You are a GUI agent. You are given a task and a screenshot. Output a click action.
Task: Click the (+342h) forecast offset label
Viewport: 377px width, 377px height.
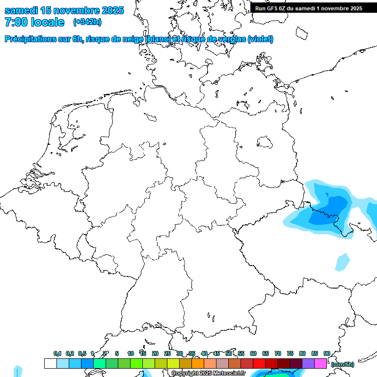(x=87, y=22)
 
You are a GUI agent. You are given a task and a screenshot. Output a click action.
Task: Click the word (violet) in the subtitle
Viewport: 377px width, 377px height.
(x=261, y=39)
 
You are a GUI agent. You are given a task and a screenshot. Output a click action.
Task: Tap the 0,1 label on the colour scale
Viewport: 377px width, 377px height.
(x=57, y=353)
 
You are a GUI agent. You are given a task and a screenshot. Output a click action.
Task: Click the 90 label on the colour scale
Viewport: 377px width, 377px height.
(x=326, y=353)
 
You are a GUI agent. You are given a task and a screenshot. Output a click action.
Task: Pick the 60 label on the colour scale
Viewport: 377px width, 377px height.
(x=253, y=353)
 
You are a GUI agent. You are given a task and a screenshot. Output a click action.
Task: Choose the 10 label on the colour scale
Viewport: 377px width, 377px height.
(x=131, y=353)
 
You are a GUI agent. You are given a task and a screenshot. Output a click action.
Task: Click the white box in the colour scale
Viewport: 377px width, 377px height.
(x=50, y=363)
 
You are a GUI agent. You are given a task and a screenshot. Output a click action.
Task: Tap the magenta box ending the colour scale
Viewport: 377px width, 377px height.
(x=321, y=363)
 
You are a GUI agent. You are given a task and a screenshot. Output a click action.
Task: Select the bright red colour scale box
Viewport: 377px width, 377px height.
(x=259, y=363)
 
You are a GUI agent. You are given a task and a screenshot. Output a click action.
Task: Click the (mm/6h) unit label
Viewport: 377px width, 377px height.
(x=343, y=364)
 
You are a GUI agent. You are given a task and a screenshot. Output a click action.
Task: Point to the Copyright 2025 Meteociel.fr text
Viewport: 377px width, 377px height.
(x=209, y=374)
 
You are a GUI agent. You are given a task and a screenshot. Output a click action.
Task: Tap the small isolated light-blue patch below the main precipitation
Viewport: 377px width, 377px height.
(x=343, y=262)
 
